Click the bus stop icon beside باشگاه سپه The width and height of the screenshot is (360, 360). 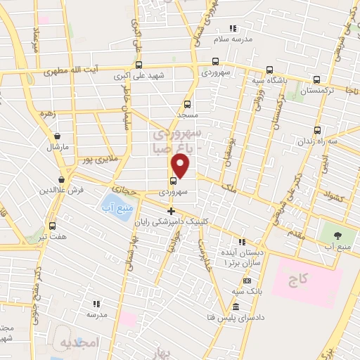click(270, 70)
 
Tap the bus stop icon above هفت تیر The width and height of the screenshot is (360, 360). click(53, 226)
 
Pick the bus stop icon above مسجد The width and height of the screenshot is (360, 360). click(186, 101)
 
